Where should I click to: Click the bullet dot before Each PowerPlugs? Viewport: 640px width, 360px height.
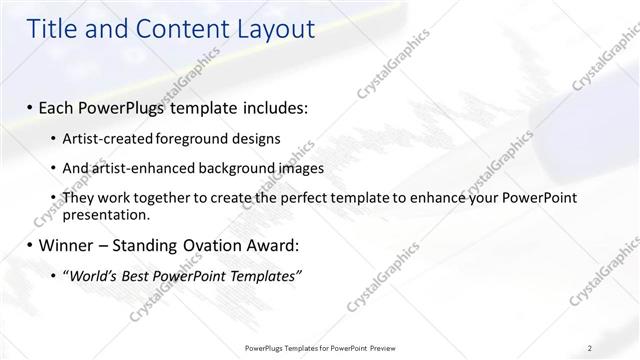tap(31, 105)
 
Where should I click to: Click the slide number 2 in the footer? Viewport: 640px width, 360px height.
tap(590, 348)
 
